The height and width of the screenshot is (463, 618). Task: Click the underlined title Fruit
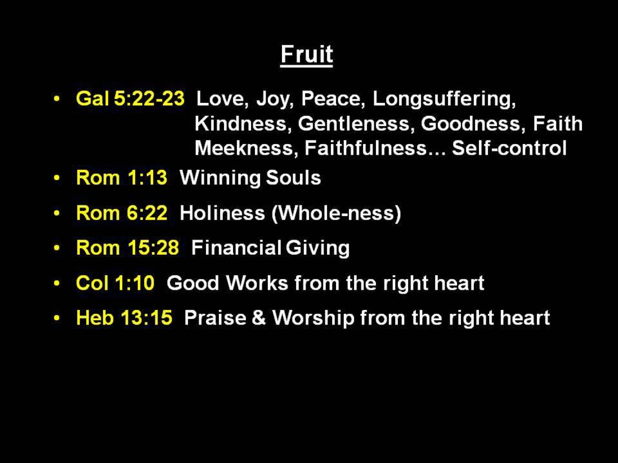[306, 55]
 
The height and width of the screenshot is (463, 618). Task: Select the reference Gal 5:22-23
[130, 98]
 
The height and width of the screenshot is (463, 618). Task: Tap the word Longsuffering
[444, 99]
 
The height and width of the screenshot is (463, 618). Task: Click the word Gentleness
[356, 124]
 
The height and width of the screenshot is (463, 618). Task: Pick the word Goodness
[473, 124]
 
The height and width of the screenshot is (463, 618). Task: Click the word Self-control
[509, 149]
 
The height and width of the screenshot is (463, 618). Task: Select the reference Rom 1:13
[122, 177]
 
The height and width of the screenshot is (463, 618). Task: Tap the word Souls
[294, 177]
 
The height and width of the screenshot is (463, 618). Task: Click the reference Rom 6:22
[122, 213]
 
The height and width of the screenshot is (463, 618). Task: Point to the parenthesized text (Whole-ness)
[336, 213]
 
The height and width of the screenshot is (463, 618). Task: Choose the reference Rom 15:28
[127, 248]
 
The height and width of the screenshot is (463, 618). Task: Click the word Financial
[236, 248]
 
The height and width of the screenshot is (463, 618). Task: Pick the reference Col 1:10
[115, 283]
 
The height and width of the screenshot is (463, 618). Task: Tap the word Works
[257, 283]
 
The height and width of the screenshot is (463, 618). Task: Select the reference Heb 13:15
[124, 318]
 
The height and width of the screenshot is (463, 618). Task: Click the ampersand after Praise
[259, 318]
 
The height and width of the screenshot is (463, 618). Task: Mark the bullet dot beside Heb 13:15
[57, 318]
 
